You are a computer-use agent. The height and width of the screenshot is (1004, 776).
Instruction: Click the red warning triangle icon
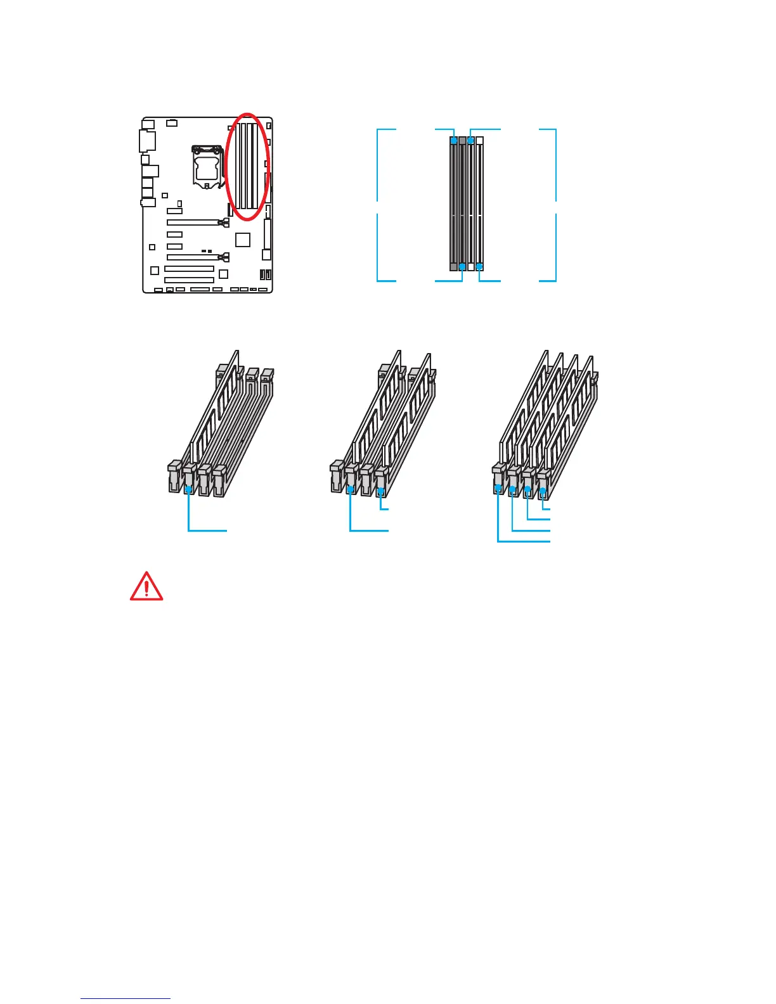146,587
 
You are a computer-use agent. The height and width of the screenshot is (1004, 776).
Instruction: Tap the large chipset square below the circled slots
242,240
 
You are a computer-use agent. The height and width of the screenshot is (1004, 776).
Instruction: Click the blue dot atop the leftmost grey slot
453,139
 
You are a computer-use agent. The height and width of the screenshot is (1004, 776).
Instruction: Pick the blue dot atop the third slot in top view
470,139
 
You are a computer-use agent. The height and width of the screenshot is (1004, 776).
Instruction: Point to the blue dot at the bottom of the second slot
462,267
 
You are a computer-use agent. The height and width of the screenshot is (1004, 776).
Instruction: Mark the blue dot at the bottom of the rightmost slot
479,267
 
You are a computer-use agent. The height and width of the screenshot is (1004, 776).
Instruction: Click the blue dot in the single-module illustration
188,489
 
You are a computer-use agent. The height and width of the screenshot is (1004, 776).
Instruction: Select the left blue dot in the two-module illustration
351,489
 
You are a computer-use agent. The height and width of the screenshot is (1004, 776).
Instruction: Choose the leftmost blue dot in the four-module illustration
498,488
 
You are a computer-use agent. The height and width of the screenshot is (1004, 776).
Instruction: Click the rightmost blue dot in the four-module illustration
543,490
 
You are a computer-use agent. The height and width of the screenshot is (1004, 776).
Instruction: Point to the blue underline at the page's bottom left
126,998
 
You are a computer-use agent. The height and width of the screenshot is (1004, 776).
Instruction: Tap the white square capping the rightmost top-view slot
479,139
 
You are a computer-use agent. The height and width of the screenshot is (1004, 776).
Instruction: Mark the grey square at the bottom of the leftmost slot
453,267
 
